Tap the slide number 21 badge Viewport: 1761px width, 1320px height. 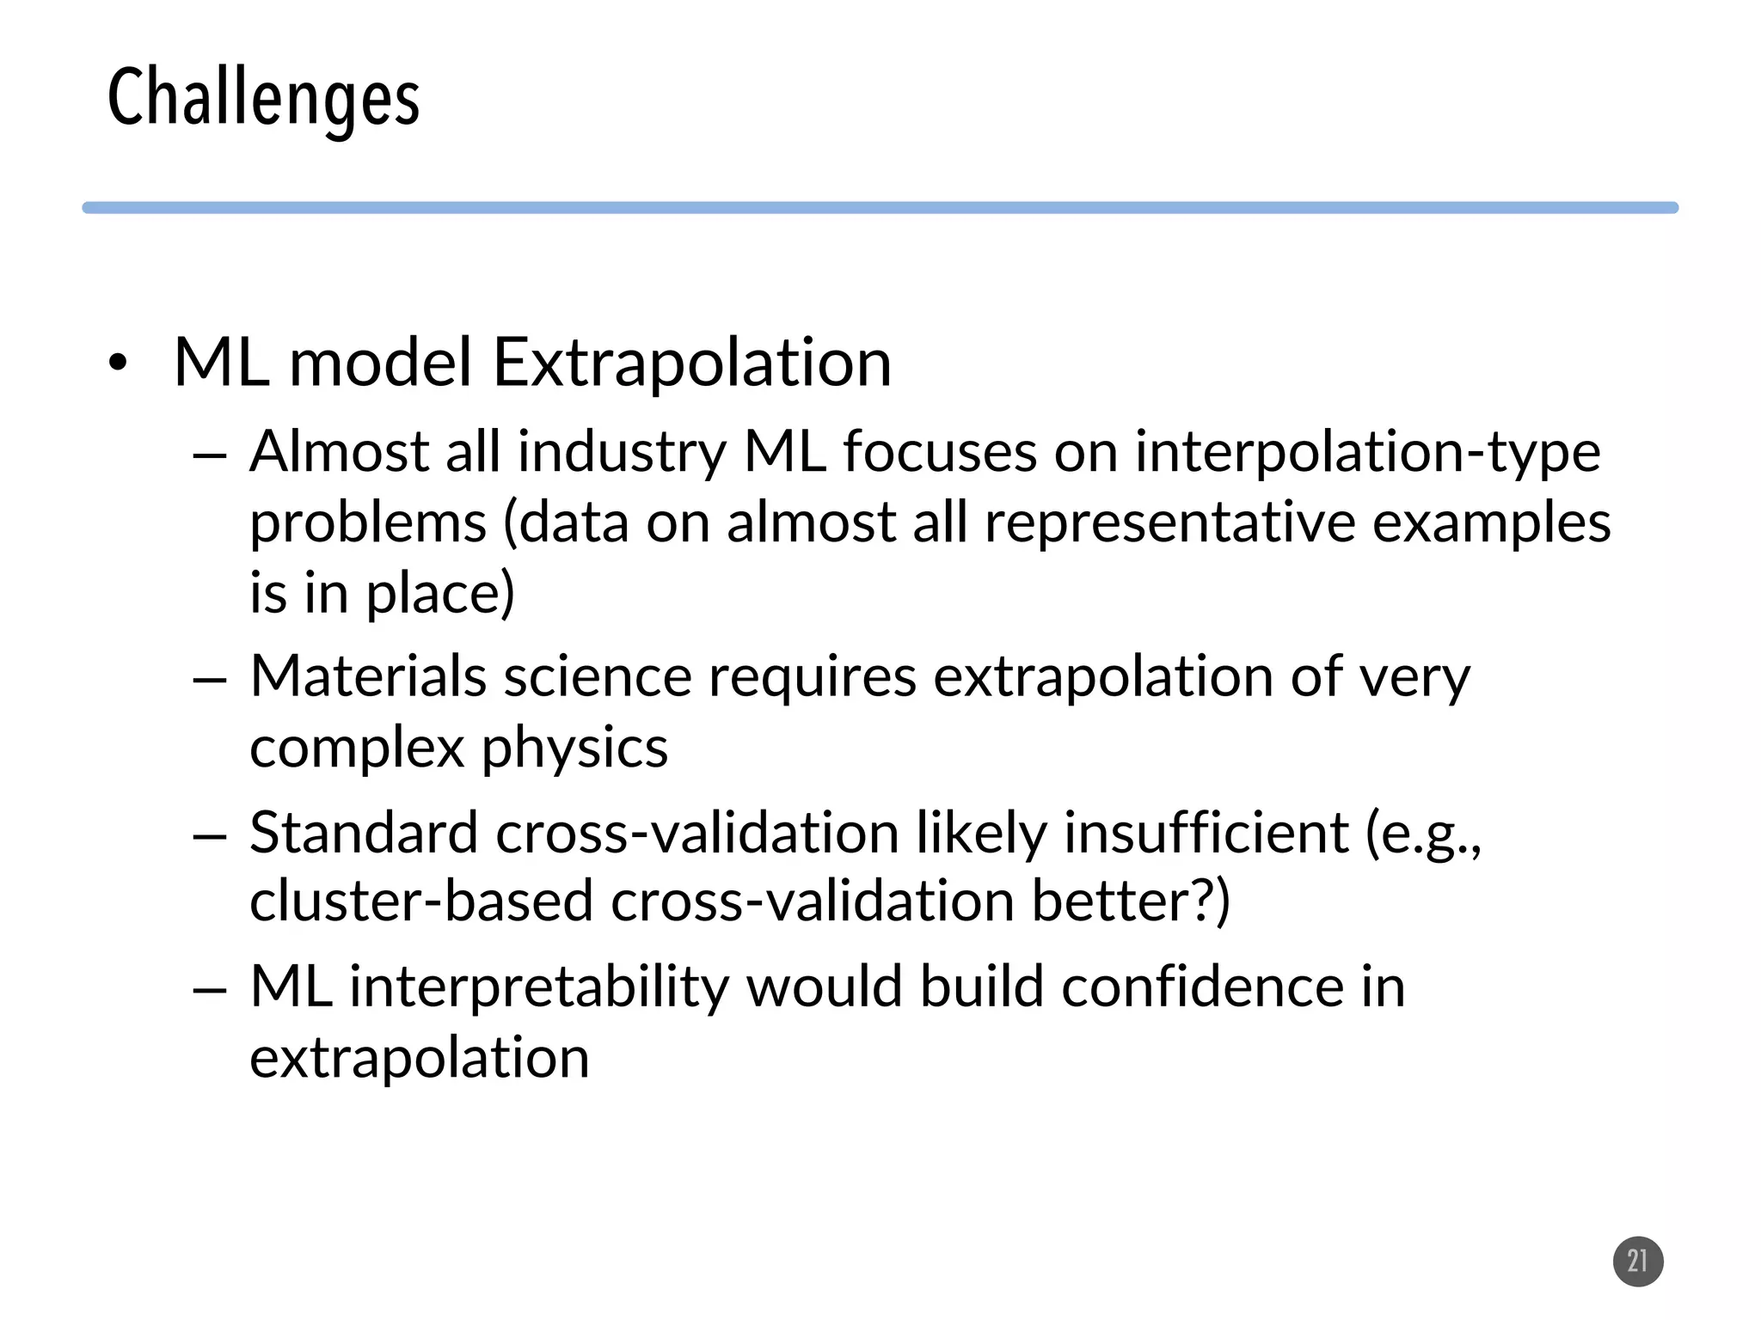(1637, 1261)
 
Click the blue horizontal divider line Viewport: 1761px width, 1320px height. (880, 208)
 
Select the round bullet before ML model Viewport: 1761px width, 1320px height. (118, 364)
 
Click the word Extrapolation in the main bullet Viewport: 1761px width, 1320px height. (691, 363)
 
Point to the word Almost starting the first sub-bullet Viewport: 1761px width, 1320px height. (339, 452)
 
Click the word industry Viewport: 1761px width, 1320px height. (622, 454)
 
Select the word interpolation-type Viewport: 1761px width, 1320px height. (1367, 454)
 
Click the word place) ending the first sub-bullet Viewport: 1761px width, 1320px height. (440, 595)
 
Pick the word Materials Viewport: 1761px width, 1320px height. (368, 676)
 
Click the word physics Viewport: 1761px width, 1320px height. (574, 749)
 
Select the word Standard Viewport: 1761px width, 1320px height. (363, 833)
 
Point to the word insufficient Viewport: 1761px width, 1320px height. (1206, 833)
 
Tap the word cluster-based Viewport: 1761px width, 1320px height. (421, 901)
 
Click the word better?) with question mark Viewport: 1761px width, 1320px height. (1131, 901)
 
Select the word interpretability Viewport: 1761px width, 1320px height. (539, 987)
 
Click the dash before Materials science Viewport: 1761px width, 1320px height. (210, 680)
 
